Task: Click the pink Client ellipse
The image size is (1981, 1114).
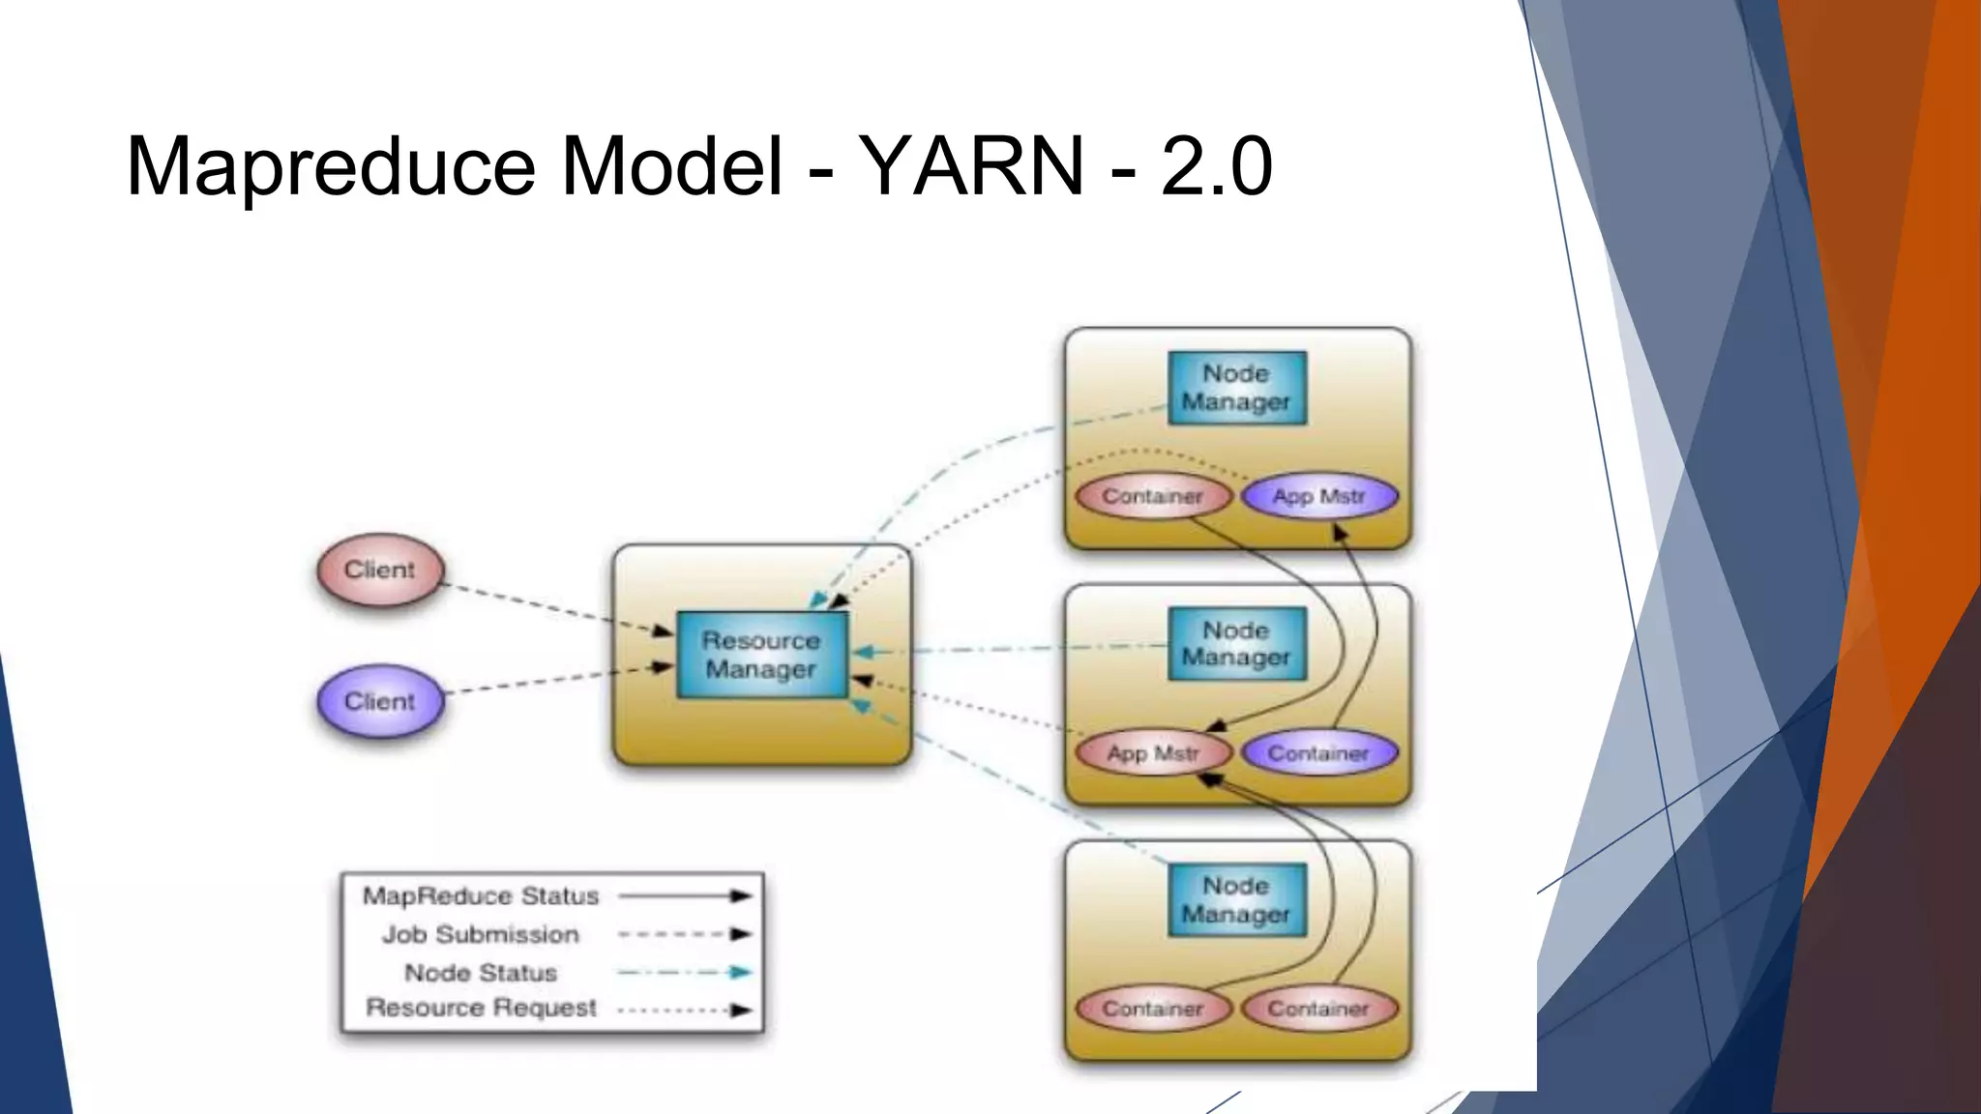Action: [380, 571]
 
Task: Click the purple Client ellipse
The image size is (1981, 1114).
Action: [380, 702]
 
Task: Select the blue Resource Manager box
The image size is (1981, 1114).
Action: [761, 655]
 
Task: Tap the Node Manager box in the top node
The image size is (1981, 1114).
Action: [1236, 388]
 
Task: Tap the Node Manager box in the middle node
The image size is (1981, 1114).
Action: [1236, 644]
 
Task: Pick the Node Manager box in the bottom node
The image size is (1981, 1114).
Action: [1236, 900]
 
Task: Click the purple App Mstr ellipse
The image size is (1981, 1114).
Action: [1319, 497]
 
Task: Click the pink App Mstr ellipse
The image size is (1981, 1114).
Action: [1153, 753]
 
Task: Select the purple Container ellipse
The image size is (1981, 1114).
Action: [1319, 753]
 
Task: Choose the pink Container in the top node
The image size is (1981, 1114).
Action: [1153, 497]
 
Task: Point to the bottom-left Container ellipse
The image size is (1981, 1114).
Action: [1153, 1010]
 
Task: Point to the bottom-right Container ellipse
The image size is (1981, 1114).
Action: [1319, 1010]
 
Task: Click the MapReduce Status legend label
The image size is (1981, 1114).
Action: [481, 896]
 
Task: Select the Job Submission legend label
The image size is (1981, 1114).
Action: [481, 935]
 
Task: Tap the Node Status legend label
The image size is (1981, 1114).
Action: [481, 973]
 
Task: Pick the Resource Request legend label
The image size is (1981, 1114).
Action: [481, 1008]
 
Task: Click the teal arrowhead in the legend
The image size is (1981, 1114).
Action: [740, 973]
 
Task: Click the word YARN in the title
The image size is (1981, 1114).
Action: [970, 166]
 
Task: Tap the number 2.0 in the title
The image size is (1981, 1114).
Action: [1216, 166]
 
